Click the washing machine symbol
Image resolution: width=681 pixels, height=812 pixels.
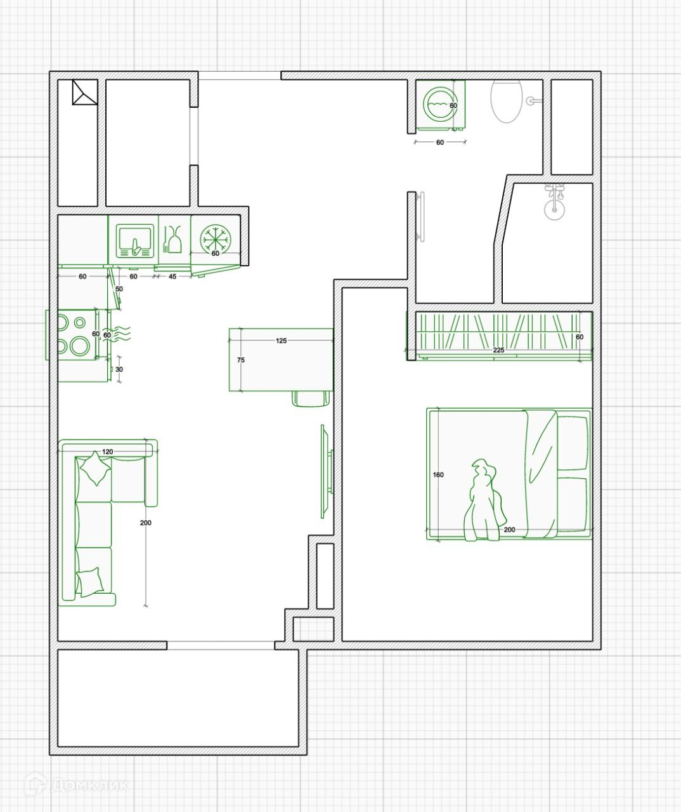click(x=441, y=105)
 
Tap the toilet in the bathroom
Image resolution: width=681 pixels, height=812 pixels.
click(x=506, y=101)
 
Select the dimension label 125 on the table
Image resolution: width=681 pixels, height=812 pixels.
click(x=281, y=341)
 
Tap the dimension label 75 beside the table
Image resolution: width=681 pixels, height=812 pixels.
click(x=241, y=360)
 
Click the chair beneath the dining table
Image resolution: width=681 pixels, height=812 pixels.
click(x=311, y=398)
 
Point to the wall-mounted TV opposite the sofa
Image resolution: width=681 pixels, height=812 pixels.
click(x=327, y=471)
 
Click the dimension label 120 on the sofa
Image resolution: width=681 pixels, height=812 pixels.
click(x=108, y=452)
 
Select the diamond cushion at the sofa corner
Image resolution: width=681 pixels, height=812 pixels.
click(x=95, y=469)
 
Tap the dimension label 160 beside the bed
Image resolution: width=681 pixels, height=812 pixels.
click(x=438, y=475)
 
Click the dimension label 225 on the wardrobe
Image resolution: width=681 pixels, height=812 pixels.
click(x=498, y=350)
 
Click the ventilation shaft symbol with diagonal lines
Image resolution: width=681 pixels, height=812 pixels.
click(x=85, y=92)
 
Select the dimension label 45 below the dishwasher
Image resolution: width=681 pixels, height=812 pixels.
click(x=172, y=277)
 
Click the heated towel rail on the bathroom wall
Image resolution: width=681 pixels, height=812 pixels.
click(x=420, y=216)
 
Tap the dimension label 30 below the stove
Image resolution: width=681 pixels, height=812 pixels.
click(x=119, y=369)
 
